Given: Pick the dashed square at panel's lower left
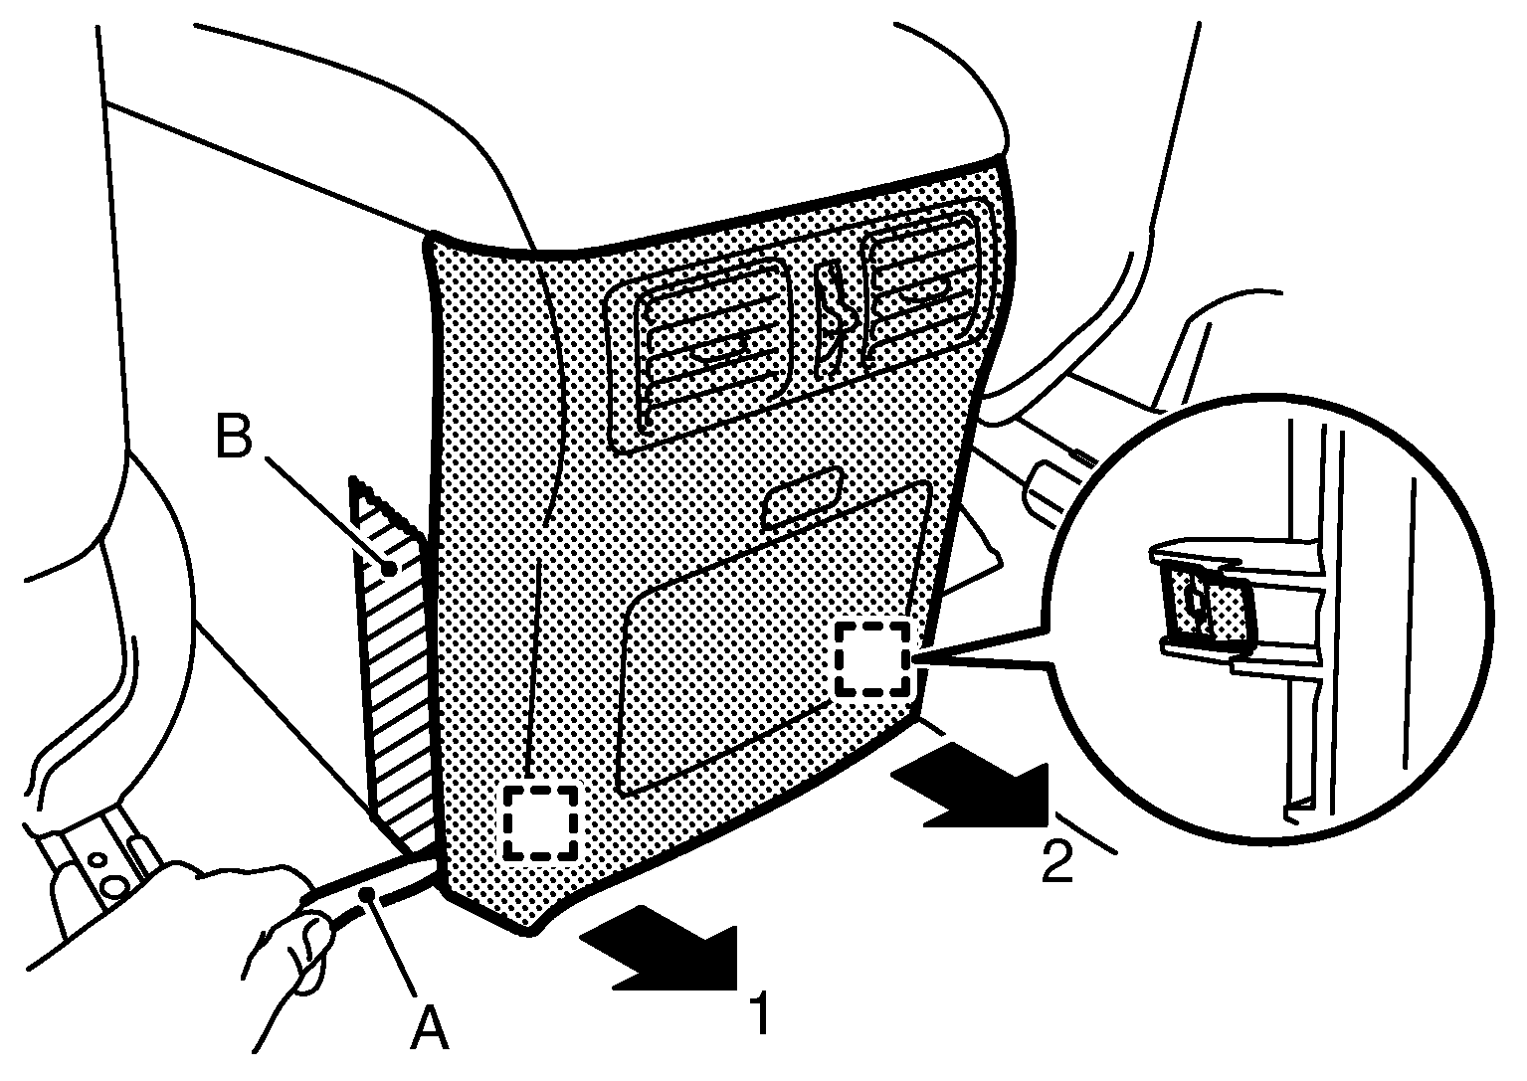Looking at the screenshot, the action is (x=540, y=822).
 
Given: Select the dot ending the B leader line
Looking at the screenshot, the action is (x=389, y=568).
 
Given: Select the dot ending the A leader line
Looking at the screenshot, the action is (x=368, y=894).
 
